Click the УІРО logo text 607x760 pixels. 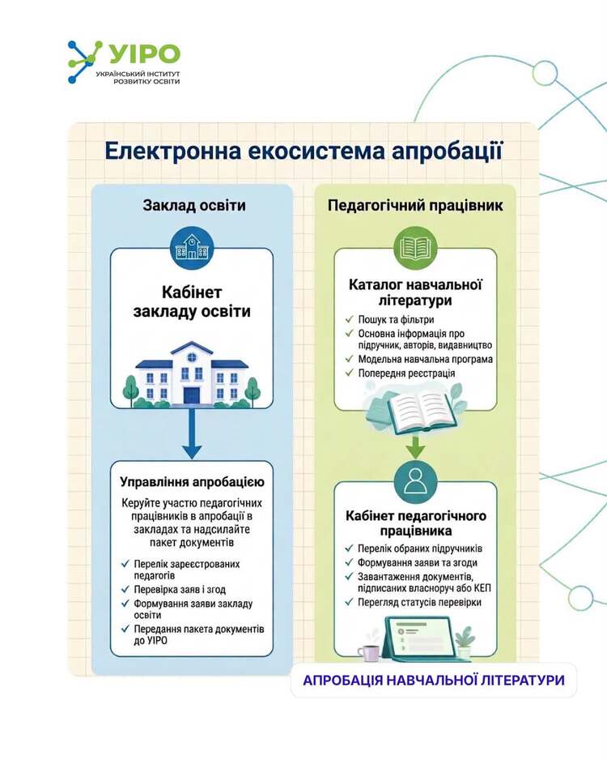click(145, 53)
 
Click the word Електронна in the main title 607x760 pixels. click(173, 151)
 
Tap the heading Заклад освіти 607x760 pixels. click(194, 205)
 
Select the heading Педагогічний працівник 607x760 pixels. click(415, 206)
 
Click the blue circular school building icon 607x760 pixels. click(192, 250)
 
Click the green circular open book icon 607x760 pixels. click(415, 248)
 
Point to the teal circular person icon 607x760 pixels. click(415, 482)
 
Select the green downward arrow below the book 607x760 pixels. click(415, 447)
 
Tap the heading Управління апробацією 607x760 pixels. click(192, 482)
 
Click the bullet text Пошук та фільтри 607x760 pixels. click(396, 319)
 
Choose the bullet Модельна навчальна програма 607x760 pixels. click(426, 359)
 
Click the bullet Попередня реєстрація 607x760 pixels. click(406, 374)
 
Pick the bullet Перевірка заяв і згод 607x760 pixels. click(180, 589)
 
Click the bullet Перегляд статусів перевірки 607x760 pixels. click(420, 603)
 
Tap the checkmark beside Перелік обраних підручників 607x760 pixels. click(349, 549)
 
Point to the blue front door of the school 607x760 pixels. click(192, 395)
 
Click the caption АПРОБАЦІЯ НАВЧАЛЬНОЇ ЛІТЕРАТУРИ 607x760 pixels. click(434, 680)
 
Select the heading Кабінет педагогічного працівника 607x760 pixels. click(416, 523)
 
